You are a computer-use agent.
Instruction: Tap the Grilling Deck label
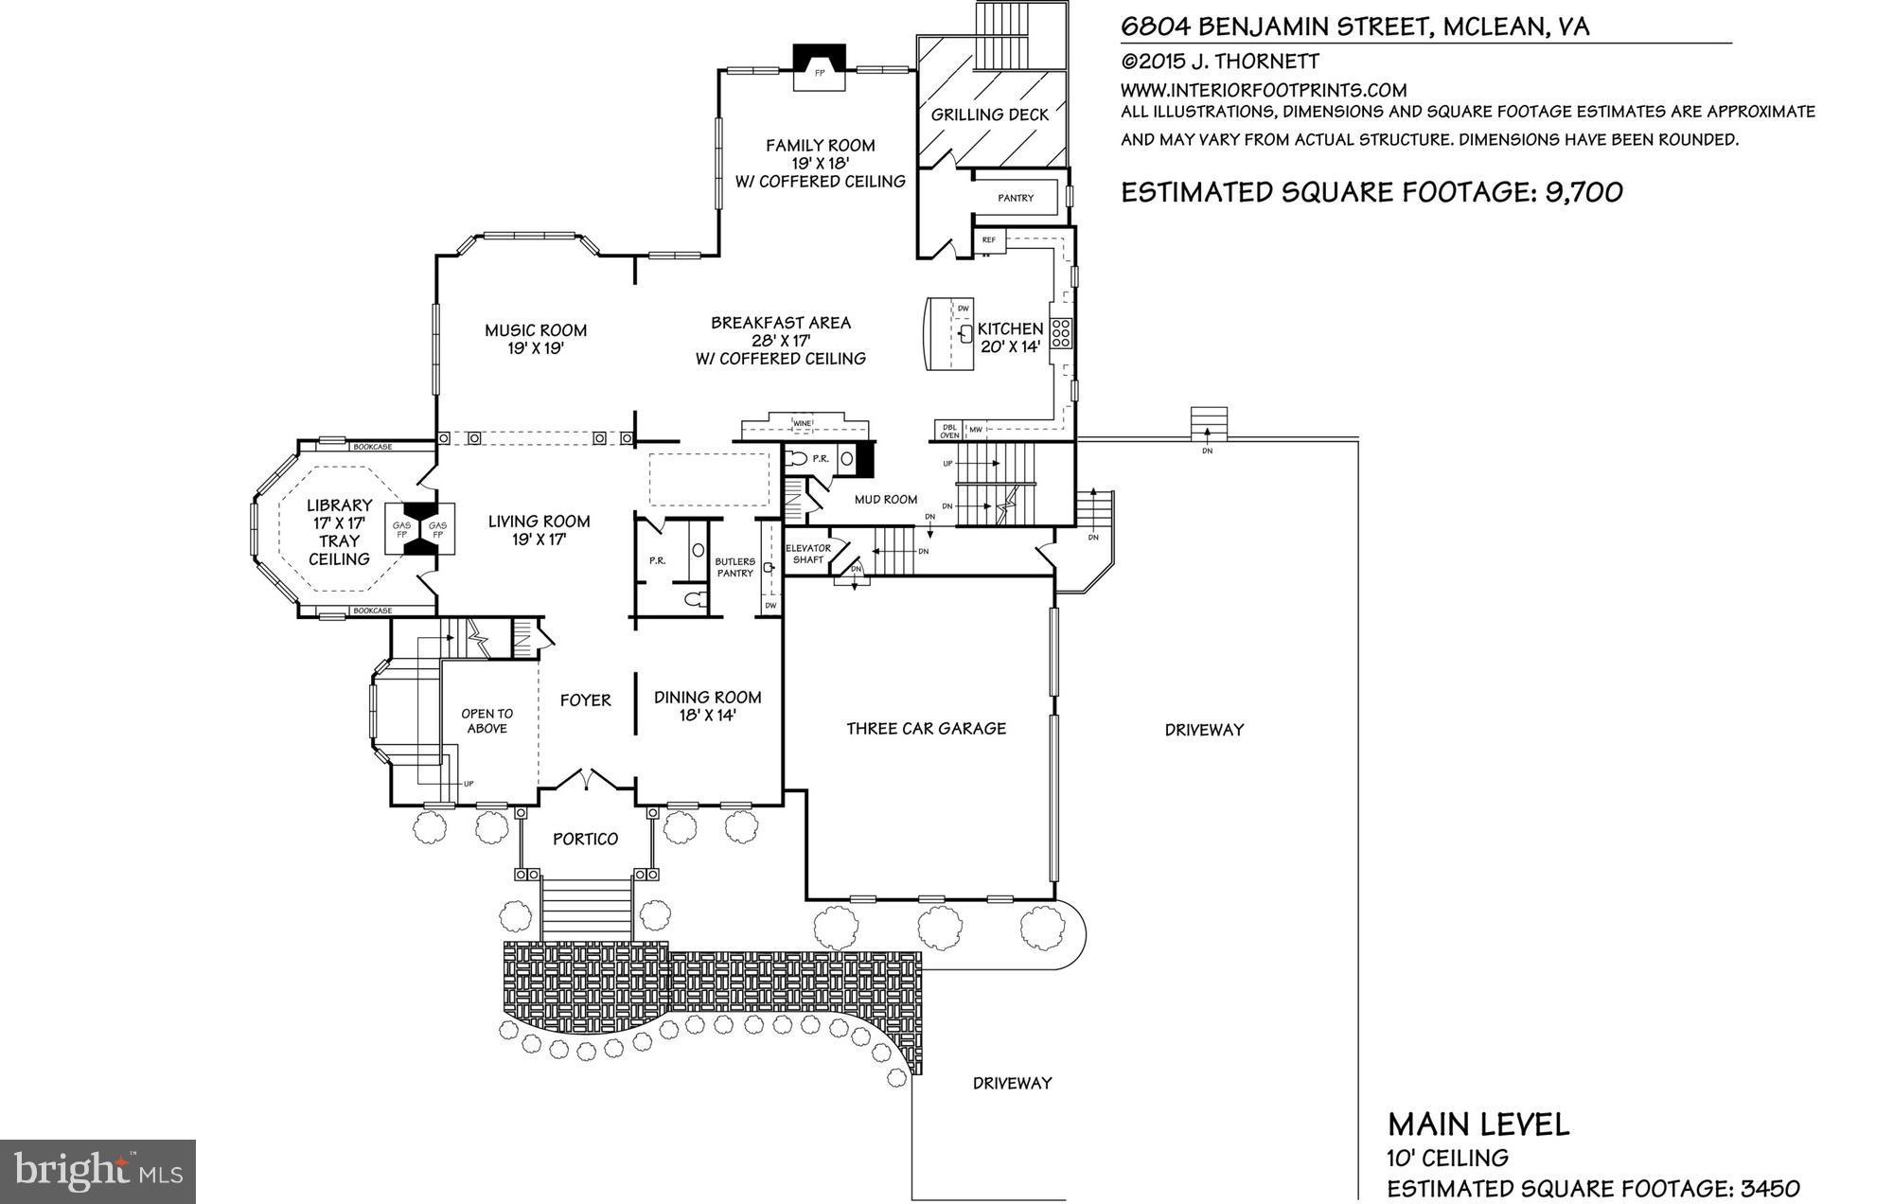(990, 115)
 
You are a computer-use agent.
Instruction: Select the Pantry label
(1016, 198)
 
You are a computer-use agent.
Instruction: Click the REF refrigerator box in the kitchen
(989, 240)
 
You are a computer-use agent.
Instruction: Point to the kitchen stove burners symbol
(1061, 329)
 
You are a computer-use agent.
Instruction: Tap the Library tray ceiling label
(339, 532)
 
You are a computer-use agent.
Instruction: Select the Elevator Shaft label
(808, 554)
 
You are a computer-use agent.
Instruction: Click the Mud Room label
(885, 499)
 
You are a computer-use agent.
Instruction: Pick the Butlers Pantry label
(734, 567)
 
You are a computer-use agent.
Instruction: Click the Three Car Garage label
(926, 728)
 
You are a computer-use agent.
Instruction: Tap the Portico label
(585, 839)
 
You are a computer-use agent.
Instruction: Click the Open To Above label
(487, 720)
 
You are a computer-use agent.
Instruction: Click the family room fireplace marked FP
(820, 71)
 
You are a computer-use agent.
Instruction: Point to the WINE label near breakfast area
(803, 422)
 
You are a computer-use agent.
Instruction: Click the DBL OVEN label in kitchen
(948, 431)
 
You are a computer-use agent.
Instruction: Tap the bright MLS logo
(98, 1172)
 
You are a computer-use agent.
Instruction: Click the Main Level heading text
(1478, 1124)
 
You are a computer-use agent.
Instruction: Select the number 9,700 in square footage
(1583, 192)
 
